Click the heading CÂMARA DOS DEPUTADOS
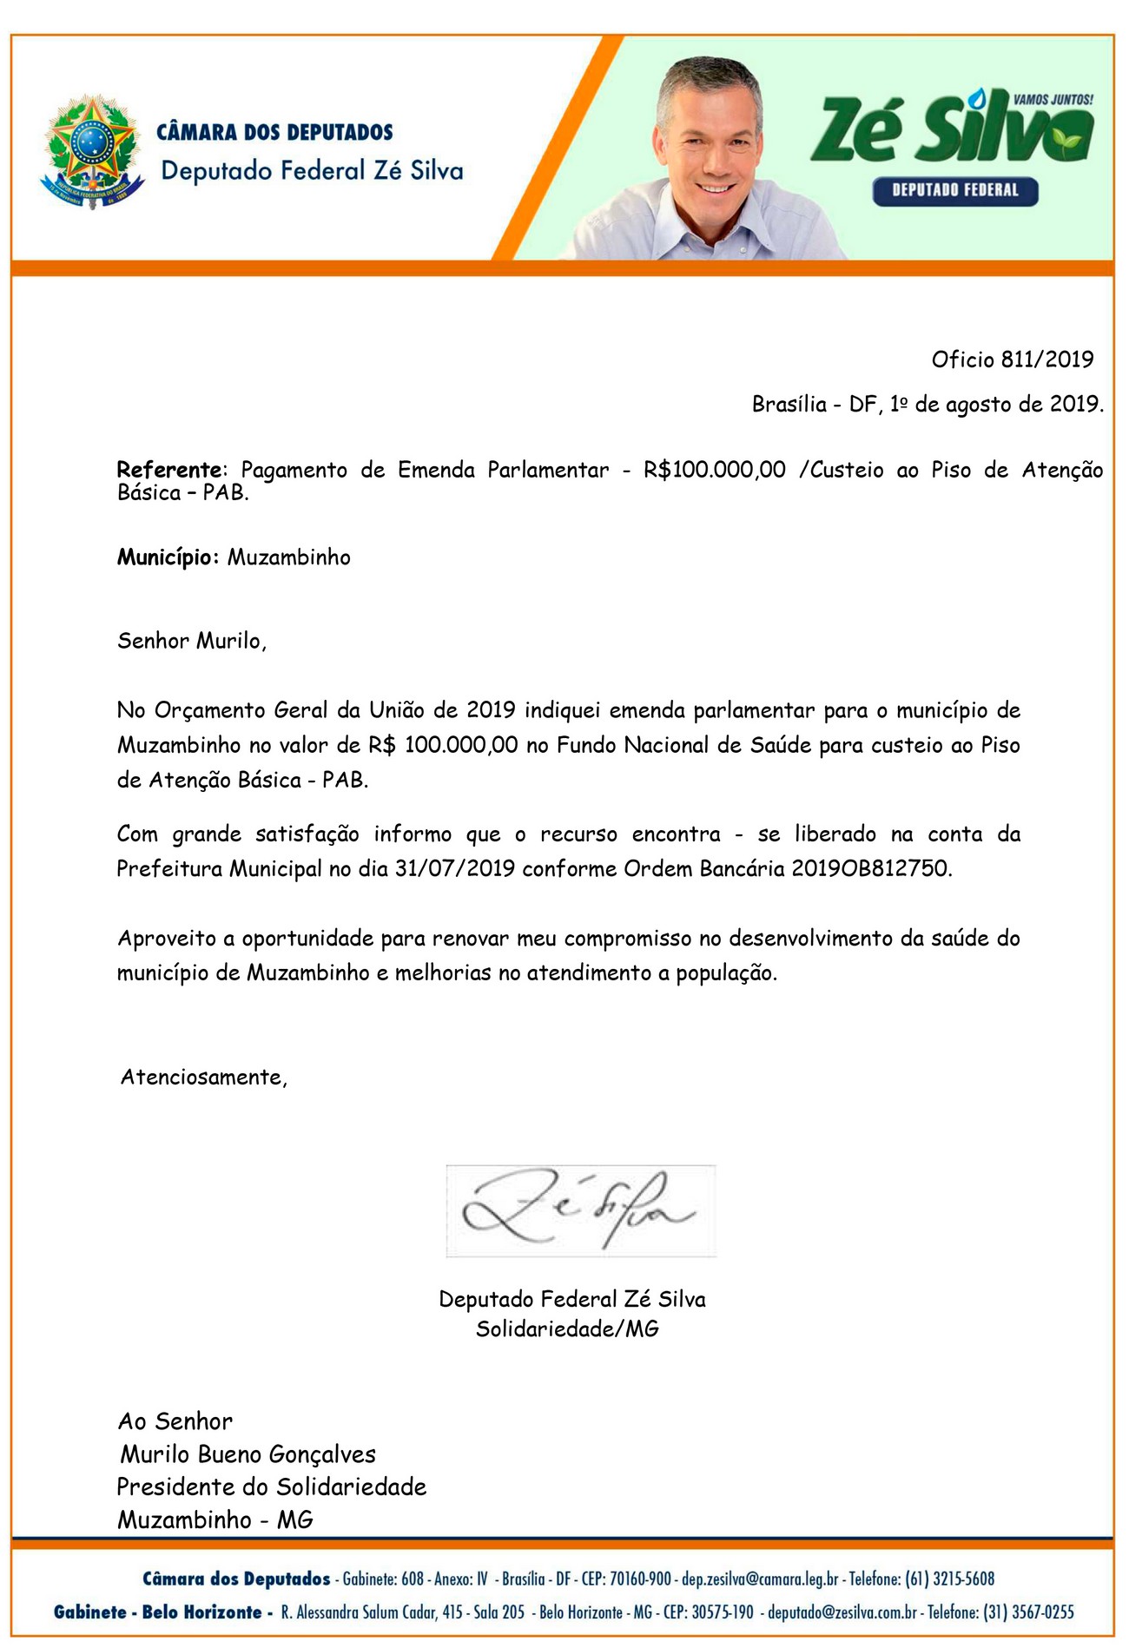(274, 133)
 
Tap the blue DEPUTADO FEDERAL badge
(954, 190)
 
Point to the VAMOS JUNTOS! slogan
(1053, 100)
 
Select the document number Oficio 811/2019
(1012, 359)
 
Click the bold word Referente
(169, 470)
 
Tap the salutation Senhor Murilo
(191, 641)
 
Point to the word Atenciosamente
(203, 1078)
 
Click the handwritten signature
(579, 1210)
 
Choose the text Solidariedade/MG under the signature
(567, 1328)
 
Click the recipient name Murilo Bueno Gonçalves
(248, 1454)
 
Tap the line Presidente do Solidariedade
(272, 1486)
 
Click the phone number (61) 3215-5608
(949, 1579)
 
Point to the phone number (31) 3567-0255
(1028, 1612)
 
